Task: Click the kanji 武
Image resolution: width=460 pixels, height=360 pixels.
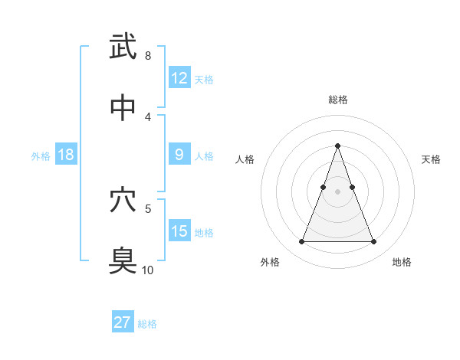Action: [123, 47]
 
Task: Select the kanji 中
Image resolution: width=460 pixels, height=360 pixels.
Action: [123, 108]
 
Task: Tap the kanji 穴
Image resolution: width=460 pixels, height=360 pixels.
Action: [123, 200]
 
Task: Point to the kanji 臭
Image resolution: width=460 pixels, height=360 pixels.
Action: [123, 260]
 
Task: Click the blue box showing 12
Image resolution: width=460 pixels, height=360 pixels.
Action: [179, 78]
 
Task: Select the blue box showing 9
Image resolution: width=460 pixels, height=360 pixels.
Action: [179, 155]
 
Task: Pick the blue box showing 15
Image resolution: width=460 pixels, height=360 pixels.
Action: [179, 231]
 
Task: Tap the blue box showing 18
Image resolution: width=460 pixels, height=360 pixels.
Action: [66, 155]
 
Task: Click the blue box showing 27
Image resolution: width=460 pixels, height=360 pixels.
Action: [123, 322]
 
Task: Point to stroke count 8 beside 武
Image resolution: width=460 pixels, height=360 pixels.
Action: [147, 56]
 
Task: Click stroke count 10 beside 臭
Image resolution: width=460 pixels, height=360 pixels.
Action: [147, 270]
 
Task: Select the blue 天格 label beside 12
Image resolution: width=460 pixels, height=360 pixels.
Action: [204, 79]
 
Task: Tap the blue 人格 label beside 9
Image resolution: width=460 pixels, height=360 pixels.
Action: [204, 155]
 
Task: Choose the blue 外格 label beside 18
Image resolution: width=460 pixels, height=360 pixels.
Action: [41, 155]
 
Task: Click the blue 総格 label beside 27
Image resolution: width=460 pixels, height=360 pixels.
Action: [147, 323]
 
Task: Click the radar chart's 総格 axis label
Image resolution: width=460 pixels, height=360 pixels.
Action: [337, 100]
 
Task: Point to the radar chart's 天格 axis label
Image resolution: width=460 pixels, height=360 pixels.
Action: [431, 159]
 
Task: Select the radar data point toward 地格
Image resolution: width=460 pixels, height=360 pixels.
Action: [373, 242]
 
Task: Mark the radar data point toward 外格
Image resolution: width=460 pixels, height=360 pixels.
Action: [301, 242]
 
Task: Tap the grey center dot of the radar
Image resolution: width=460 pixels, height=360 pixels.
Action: [337, 191]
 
